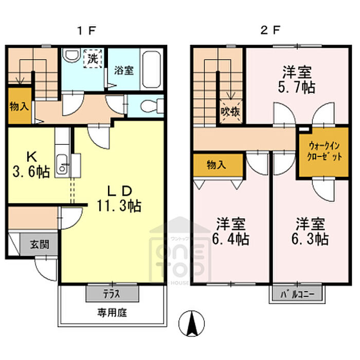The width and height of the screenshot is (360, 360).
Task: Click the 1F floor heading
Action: click(x=87, y=29)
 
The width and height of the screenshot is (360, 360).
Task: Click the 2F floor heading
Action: click(x=271, y=29)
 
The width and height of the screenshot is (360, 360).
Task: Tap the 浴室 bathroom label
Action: click(x=123, y=70)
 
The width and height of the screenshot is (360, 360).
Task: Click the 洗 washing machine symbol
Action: click(x=93, y=58)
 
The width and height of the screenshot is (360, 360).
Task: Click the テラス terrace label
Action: click(x=112, y=294)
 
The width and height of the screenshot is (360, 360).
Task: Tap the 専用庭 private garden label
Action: click(x=113, y=312)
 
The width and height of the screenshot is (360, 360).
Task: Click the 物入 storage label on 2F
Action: click(x=217, y=165)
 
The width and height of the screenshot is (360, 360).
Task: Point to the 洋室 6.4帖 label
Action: click(x=230, y=231)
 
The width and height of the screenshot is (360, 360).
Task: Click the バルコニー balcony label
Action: click(x=297, y=295)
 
